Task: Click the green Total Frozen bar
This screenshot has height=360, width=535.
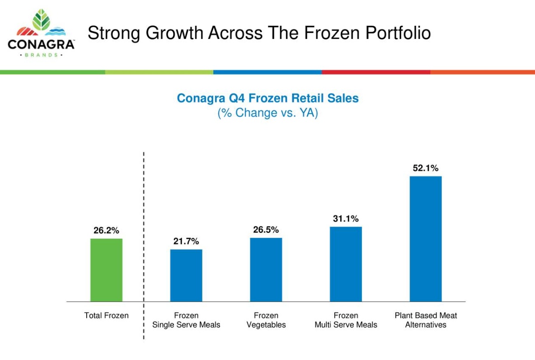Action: pos(106,270)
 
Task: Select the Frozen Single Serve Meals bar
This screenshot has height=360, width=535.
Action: pos(186,275)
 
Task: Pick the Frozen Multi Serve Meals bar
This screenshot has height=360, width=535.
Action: pos(346,264)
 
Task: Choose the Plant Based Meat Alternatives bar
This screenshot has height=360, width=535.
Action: pos(426,238)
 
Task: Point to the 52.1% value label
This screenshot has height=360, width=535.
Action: pos(426,168)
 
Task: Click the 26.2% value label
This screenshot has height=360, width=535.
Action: pos(106,231)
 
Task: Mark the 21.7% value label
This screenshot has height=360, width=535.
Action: pos(186,242)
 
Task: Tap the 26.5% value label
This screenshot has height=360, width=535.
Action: pos(266,230)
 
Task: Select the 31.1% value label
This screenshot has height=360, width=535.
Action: pos(346,219)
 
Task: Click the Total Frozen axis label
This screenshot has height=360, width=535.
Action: pos(106,316)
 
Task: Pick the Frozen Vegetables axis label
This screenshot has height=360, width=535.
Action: pos(266,320)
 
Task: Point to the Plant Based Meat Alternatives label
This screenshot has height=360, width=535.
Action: pos(426,320)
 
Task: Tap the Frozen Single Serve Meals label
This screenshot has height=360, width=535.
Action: pos(186,320)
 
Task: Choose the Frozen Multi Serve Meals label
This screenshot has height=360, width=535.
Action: pos(346,320)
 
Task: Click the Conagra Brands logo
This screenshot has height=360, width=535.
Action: pos(41,34)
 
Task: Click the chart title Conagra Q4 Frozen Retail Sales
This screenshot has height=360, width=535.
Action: pos(267,98)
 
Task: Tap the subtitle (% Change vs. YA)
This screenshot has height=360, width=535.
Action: pos(267,113)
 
